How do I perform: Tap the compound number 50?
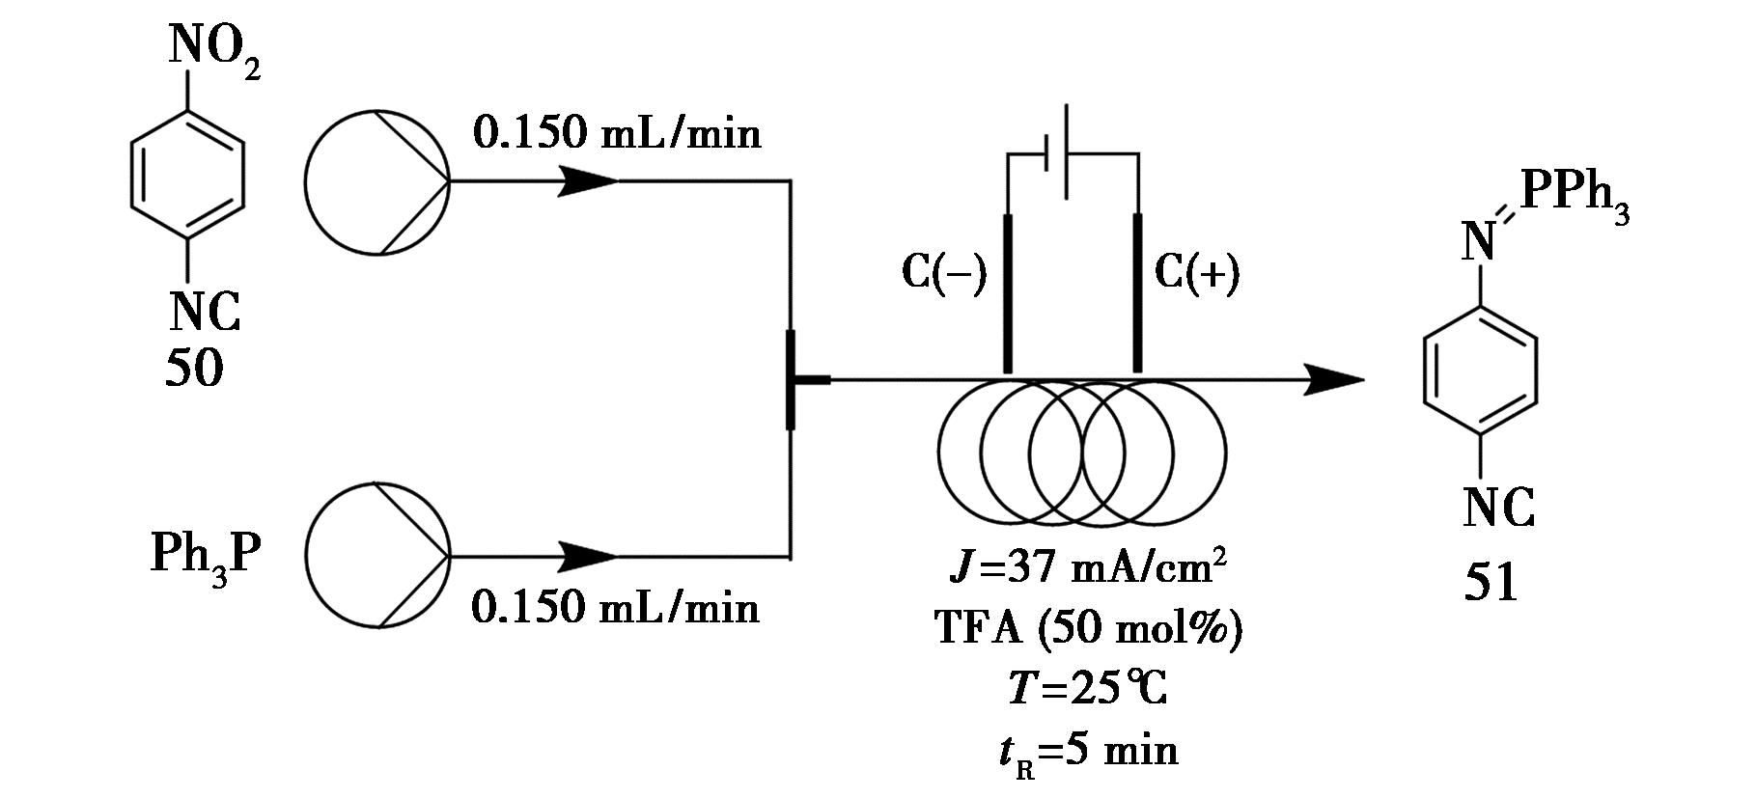[194, 369]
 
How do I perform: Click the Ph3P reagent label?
[206, 557]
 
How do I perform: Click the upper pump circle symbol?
[377, 181]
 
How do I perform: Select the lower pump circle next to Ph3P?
[377, 557]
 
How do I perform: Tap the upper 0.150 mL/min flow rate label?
[616, 133]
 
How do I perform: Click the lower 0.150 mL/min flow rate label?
[616, 608]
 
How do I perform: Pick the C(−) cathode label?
[944, 273]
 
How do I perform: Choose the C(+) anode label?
[1197, 273]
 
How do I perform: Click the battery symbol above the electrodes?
[1065, 152]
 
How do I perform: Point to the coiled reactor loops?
[1081, 453]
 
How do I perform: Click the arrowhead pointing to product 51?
[1337, 380]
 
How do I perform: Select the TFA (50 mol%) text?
[1088, 629]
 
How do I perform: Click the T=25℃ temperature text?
[1088, 689]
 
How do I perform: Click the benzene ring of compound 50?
[187, 175]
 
